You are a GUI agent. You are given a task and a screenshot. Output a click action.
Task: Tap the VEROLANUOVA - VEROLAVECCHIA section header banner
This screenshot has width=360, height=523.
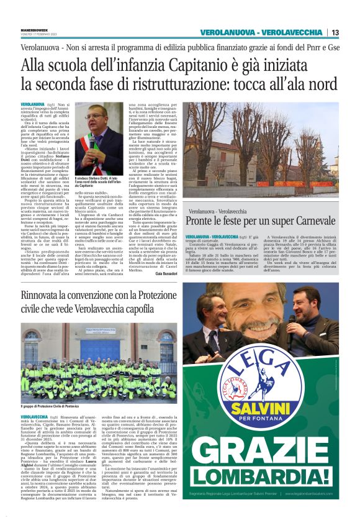coord(261,32)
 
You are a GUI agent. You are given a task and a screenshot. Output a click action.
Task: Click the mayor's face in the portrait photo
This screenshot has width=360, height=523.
coord(96,119)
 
